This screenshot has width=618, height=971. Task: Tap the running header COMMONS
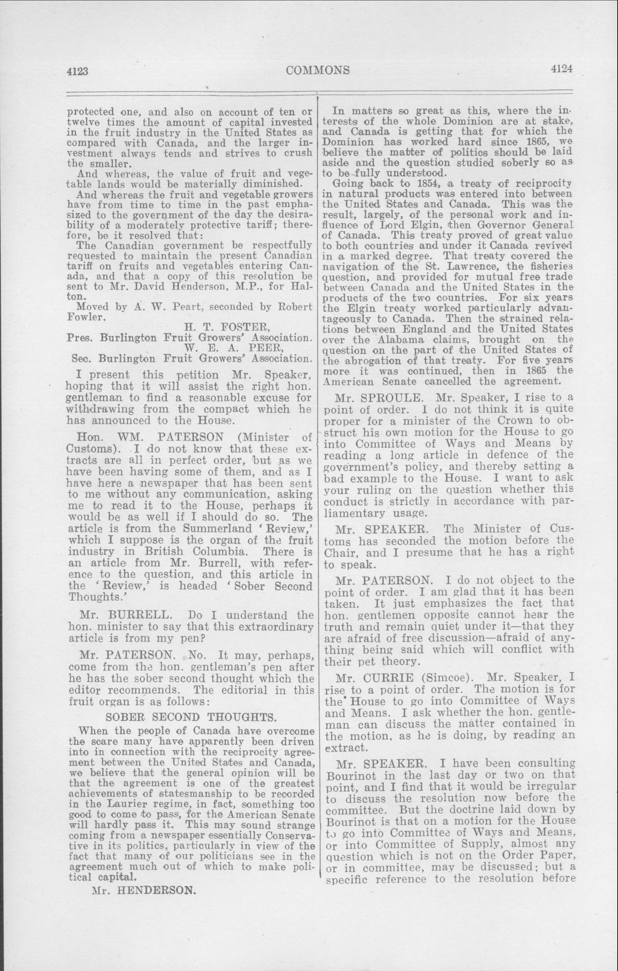click(x=318, y=70)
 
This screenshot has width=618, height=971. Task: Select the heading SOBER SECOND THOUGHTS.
click(x=191, y=717)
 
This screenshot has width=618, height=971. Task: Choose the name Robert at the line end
click(x=296, y=306)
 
